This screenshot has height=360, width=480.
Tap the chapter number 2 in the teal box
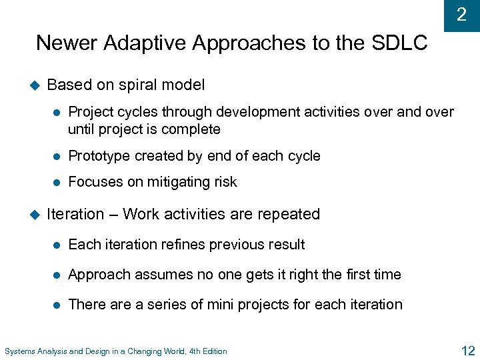(x=461, y=15)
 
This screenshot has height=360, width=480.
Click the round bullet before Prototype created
(x=57, y=156)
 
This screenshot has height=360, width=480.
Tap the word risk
(x=224, y=182)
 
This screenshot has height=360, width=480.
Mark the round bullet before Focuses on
(x=57, y=182)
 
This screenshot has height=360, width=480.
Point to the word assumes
(x=154, y=275)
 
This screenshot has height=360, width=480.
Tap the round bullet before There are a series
(x=57, y=305)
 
